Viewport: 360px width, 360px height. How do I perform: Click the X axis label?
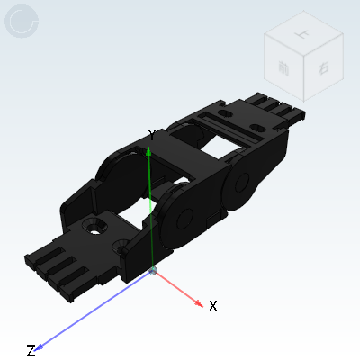tap(213, 306)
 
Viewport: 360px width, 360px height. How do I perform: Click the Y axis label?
tap(152, 135)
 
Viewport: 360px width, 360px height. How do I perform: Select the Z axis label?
tap(31, 350)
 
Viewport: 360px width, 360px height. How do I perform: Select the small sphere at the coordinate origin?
tap(153, 271)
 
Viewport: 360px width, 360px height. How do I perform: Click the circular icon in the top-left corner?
tap(21, 21)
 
